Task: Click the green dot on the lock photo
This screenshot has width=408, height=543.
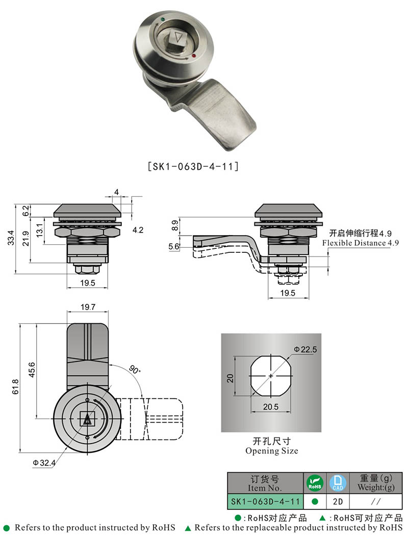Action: click(x=162, y=21)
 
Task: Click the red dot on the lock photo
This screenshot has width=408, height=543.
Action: click(x=194, y=55)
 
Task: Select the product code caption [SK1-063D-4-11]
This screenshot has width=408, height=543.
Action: click(x=192, y=167)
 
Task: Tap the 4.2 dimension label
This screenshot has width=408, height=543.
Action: click(x=138, y=230)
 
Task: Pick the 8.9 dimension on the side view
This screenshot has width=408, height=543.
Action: click(x=175, y=224)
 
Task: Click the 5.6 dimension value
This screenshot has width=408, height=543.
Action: click(x=174, y=246)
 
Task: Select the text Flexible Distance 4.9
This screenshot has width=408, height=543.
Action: click(x=360, y=243)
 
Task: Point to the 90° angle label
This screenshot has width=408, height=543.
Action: click(x=134, y=370)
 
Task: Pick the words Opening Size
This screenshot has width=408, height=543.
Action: click(x=271, y=451)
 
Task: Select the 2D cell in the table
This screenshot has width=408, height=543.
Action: click(x=337, y=502)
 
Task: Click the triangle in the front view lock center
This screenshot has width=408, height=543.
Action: click(x=87, y=419)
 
